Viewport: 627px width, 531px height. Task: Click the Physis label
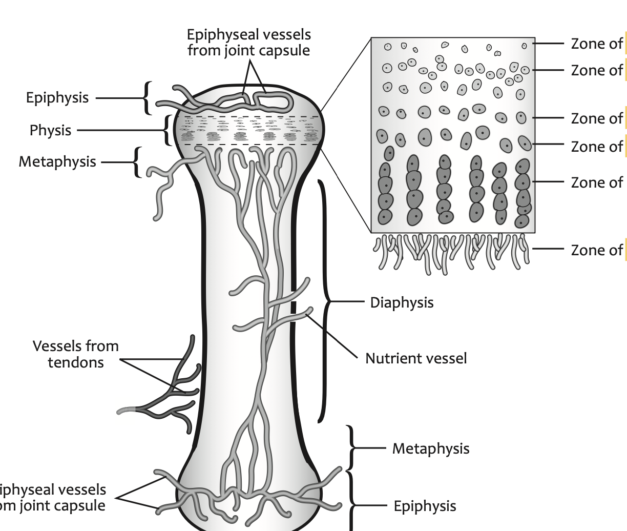click(x=50, y=131)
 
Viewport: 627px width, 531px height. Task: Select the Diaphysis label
click(x=402, y=302)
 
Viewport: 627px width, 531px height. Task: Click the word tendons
click(x=76, y=362)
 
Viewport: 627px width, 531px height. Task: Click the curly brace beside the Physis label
click(x=167, y=130)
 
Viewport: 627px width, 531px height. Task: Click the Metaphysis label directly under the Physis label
click(x=57, y=162)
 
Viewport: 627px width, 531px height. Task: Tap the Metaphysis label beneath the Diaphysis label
click(x=431, y=449)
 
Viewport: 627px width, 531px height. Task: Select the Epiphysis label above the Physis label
click(x=57, y=98)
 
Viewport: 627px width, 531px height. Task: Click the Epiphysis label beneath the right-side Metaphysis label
click(x=425, y=506)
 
